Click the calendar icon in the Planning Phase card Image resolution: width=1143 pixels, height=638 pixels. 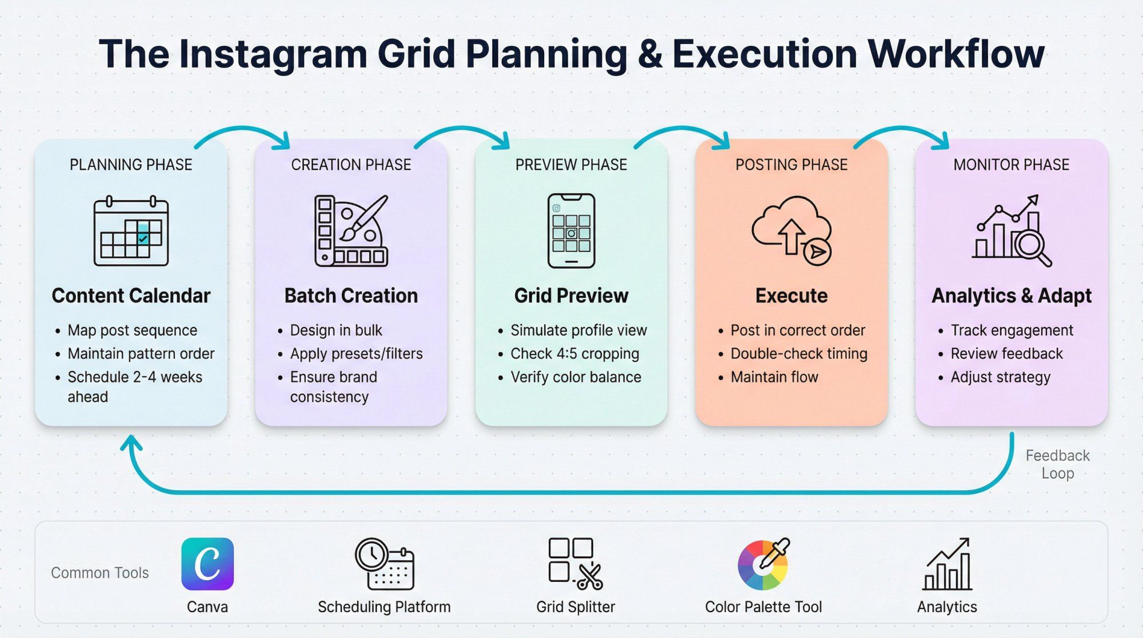pos(131,232)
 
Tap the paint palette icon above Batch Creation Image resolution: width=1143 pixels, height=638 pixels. pos(351,231)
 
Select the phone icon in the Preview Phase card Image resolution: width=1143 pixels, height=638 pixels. pos(571,231)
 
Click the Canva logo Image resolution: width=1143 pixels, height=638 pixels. pos(207,564)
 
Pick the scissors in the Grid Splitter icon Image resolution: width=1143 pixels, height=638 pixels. pos(590,576)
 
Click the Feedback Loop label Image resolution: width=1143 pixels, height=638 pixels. pos(1057,464)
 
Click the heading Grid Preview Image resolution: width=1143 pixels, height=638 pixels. pos(571,296)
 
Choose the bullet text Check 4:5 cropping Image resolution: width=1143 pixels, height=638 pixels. pos(574,354)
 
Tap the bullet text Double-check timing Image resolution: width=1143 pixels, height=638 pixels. pos(798,354)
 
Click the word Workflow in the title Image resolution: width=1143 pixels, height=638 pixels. pos(956,54)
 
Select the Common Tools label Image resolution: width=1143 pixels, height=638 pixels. pos(100,573)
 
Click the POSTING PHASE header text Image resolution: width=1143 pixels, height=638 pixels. pos(792,165)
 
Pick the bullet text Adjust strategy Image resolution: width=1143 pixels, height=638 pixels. pos(1000,377)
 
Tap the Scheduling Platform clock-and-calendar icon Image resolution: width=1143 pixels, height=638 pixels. pos(384,564)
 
